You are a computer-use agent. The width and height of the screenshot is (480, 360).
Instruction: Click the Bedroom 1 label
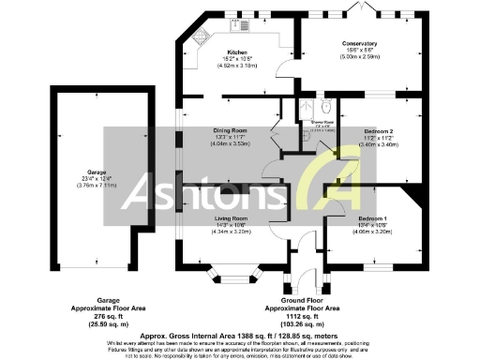[x=371, y=217]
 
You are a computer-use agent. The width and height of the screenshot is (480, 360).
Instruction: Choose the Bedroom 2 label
[x=377, y=131]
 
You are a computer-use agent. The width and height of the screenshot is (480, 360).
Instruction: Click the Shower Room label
[x=311, y=121]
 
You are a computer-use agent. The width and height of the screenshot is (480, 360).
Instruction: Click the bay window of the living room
[x=233, y=275]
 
